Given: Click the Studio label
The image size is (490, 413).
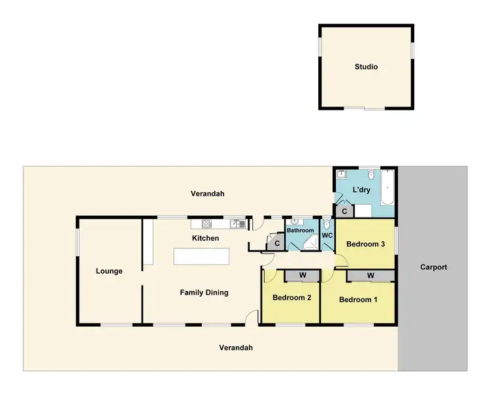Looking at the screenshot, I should click(x=366, y=67).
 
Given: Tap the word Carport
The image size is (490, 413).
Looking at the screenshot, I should click(x=433, y=267).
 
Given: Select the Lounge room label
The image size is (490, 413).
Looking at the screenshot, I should click(x=109, y=271).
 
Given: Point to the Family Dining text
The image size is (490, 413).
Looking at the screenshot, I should click(x=204, y=293).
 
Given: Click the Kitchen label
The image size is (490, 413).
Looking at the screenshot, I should click(x=205, y=239).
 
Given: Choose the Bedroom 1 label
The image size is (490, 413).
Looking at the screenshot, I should click(x=357, y=300).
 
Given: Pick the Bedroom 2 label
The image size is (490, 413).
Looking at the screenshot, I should click(x=291, y=298).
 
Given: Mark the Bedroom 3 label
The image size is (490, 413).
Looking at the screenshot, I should click(x=365, y=244).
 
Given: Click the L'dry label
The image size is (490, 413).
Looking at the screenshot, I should click(x=361, y=190).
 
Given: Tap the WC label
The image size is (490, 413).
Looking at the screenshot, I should click(x=327, y=235).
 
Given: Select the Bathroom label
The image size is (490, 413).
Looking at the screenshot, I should click(x=301, y=231).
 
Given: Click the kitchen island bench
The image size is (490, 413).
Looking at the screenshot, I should click(x=203, y=256).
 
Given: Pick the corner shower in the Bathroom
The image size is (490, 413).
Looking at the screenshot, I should click(x=311, y=244).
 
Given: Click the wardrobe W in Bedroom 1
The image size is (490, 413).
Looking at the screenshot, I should click(x=370, y=276).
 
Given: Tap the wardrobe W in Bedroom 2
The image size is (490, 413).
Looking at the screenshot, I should click(x=302, y=275).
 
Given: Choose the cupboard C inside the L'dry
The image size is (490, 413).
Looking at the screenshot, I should click(x=343, y=211).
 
